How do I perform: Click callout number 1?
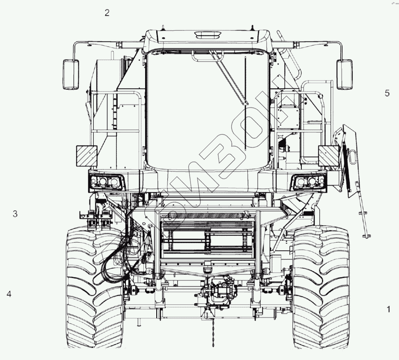[388, 309]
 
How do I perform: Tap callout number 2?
[107, 13]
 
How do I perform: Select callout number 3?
[15, 214]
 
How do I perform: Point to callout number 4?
[9, 294]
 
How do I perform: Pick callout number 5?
[387, 93]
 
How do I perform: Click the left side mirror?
[71, 74]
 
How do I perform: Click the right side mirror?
[345, 74]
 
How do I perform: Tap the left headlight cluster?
[107, 181]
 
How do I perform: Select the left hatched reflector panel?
[87, 156]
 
